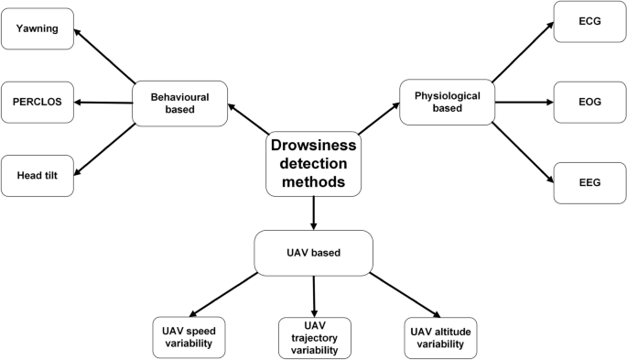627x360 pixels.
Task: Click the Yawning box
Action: pyautogui.click(x=38, y=29)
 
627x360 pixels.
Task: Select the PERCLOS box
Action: pyautogui.click(x=38, y=101)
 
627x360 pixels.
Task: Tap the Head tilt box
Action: pyautogui.click(x=38, y=173)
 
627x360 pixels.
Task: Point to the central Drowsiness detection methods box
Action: pyautogui.click(x=314, y=164)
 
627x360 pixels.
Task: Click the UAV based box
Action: pyautogui.click(x=314, y=252)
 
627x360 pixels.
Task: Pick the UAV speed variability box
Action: pyautogui.click(x=189, y=336)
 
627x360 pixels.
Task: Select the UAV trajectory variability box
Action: pyautogui.click(x=314, y=336)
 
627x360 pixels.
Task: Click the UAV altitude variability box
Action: pyautogui.click(x=440, y=336)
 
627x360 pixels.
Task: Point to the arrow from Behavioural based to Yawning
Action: pyautogui.click(x=105, y=56)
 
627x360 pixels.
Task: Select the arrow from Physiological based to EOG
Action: pyautogui.click(x=523, y=102)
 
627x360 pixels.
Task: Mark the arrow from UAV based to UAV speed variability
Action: pyautogui.click(x=222, y=293)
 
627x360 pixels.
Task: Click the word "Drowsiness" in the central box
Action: pyautogui.click(x=314, y=147)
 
